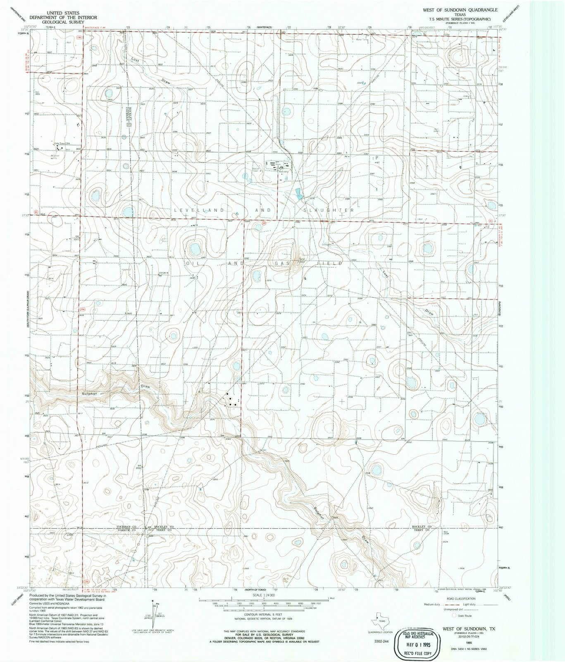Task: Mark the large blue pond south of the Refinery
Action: tap(298, 193)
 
